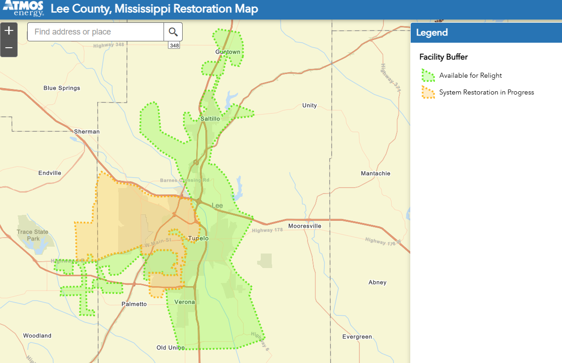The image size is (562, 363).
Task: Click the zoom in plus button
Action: point(9,31)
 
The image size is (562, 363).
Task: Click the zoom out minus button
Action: point(9,48)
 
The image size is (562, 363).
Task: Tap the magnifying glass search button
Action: point(173,32)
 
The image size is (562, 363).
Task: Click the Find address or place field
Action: point(95,32)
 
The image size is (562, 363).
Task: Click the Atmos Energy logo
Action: point(23,8)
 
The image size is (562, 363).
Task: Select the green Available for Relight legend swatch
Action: point(428,75)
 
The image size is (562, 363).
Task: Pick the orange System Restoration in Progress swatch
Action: point(428,92)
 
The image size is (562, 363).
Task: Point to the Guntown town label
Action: point(228,52)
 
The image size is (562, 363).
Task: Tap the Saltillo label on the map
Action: point(210,119)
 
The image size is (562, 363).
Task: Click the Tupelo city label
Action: point(199,238)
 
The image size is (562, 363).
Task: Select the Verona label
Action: point(184,302)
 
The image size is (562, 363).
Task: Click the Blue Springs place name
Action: point(62,88)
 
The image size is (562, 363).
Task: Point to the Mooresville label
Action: point(305,226)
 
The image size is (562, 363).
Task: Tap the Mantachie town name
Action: point(375,174)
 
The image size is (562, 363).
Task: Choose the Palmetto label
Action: point(134,304)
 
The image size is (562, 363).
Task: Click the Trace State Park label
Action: point(32,235)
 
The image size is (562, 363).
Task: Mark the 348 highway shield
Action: point(174,45)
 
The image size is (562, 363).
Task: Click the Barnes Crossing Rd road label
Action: point(184,180)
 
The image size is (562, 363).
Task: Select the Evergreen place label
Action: point(357,337)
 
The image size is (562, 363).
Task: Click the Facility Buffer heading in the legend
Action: point(443,57)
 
